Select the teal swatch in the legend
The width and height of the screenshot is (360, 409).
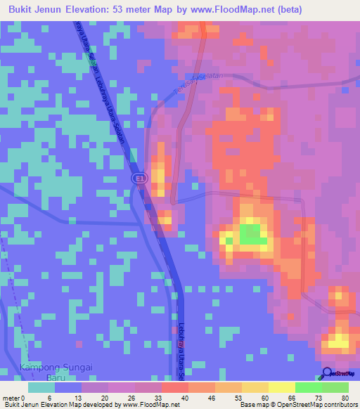[41, 387]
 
